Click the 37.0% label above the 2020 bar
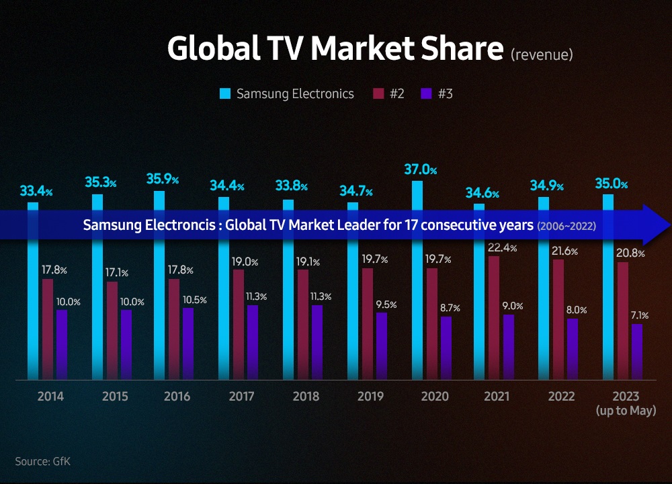pos(420,169)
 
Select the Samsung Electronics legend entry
pos(287,93)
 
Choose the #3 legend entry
pos(437,93)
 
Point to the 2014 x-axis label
pos(50,397)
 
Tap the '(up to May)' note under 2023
pos(626,410)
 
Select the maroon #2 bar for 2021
pos(494,316)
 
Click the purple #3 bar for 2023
pos(637,351)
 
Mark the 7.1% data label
pos(639,315)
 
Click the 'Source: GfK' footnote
pos(42,461)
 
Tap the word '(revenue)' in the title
pos(542,54)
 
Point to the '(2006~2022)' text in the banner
pos(566,227)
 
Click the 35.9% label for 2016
pos(162,179)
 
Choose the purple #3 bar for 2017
pos(253,341)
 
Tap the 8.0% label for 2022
pos(577,310)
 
